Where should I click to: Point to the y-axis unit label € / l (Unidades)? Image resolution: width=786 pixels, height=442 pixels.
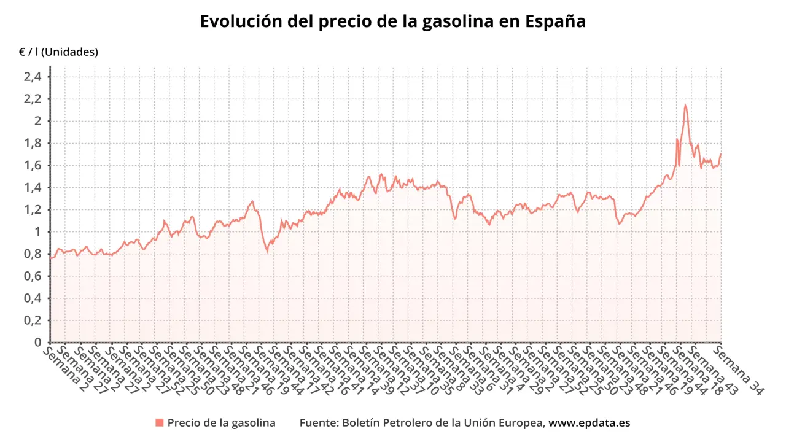(58, 53)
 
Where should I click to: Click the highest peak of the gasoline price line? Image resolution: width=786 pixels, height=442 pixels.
(685, 105)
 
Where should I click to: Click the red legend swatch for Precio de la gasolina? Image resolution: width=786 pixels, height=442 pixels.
(160, 422)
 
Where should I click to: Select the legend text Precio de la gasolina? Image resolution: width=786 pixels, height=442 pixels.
(221, 423)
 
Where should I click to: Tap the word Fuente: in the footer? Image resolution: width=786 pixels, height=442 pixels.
(319, 423)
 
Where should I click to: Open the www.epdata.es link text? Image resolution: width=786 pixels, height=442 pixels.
(589, 423)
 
